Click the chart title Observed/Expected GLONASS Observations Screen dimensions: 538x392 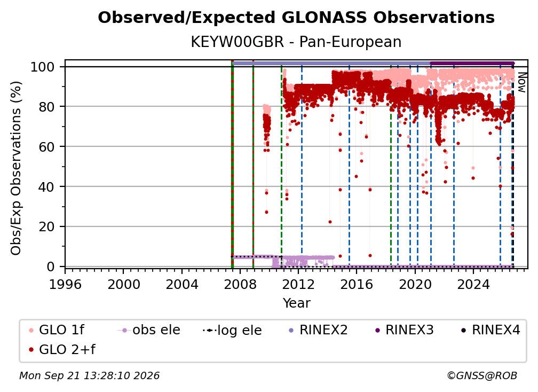coord(296,18)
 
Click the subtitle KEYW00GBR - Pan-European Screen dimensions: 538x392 coord(296,42)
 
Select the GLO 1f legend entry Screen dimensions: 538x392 coord(57,330)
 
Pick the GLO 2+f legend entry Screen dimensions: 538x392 coord(62,349)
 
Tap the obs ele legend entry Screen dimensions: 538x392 coord(149,330)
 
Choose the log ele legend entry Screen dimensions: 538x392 coord(232,330)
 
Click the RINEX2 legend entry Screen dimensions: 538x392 coord(318,330)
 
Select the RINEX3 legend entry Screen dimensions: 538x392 coord(404,330)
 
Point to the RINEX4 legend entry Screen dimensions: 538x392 coord(490,330)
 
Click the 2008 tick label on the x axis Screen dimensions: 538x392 coord(240,284)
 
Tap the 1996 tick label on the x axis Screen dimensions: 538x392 coord(65,284)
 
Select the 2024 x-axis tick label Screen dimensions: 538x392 coord(473,284)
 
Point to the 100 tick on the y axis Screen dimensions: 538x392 coord(43,67)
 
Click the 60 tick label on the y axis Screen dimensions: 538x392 coord(46,147)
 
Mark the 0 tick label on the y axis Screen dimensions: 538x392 coord(51,266)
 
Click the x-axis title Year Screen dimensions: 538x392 coord(296,303)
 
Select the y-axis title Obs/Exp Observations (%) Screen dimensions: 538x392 coord(16,168)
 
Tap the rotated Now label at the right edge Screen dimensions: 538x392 coord(521,82)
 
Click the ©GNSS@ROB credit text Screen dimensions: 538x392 coord(482,375)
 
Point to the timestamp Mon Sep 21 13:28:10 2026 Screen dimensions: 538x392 coord(89,375)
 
